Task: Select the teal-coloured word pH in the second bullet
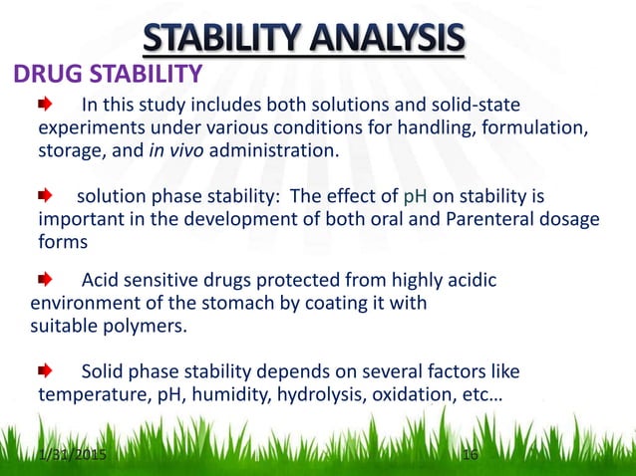416,196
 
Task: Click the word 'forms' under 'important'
61,243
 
